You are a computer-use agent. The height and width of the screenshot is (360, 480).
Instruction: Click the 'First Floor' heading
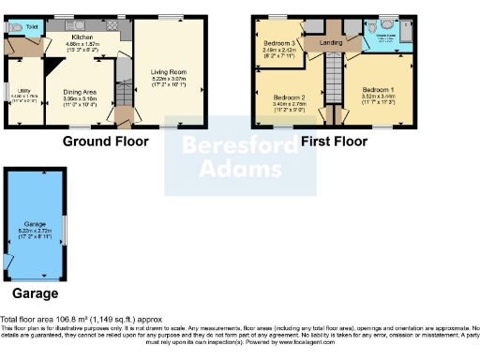[x=333, y=142]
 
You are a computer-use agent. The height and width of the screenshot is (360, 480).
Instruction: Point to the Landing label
[x=330, y=42]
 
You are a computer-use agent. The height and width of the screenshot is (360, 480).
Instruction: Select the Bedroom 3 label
[x=278, y=43]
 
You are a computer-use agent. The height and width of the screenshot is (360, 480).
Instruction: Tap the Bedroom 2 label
[x=290, y=97]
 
